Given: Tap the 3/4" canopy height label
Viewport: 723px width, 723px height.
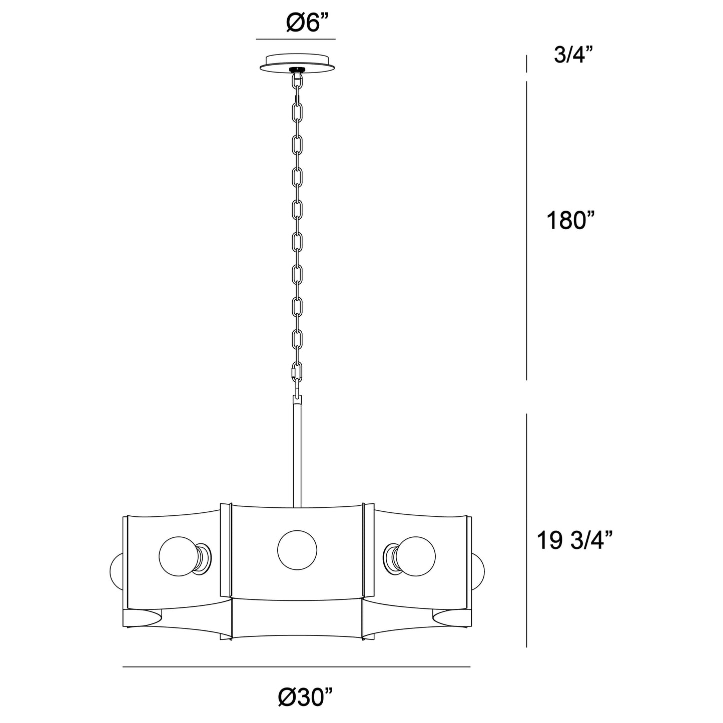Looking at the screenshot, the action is click(x=573, y=55).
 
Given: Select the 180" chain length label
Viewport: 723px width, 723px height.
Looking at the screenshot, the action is click(x=570, y=220).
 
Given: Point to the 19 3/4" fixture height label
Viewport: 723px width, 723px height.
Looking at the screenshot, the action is click(x=575, y=541).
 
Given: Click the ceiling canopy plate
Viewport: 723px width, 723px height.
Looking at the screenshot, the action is click(x=297, y=63).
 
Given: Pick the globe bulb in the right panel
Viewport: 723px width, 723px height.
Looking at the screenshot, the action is click(x=415, y=556).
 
